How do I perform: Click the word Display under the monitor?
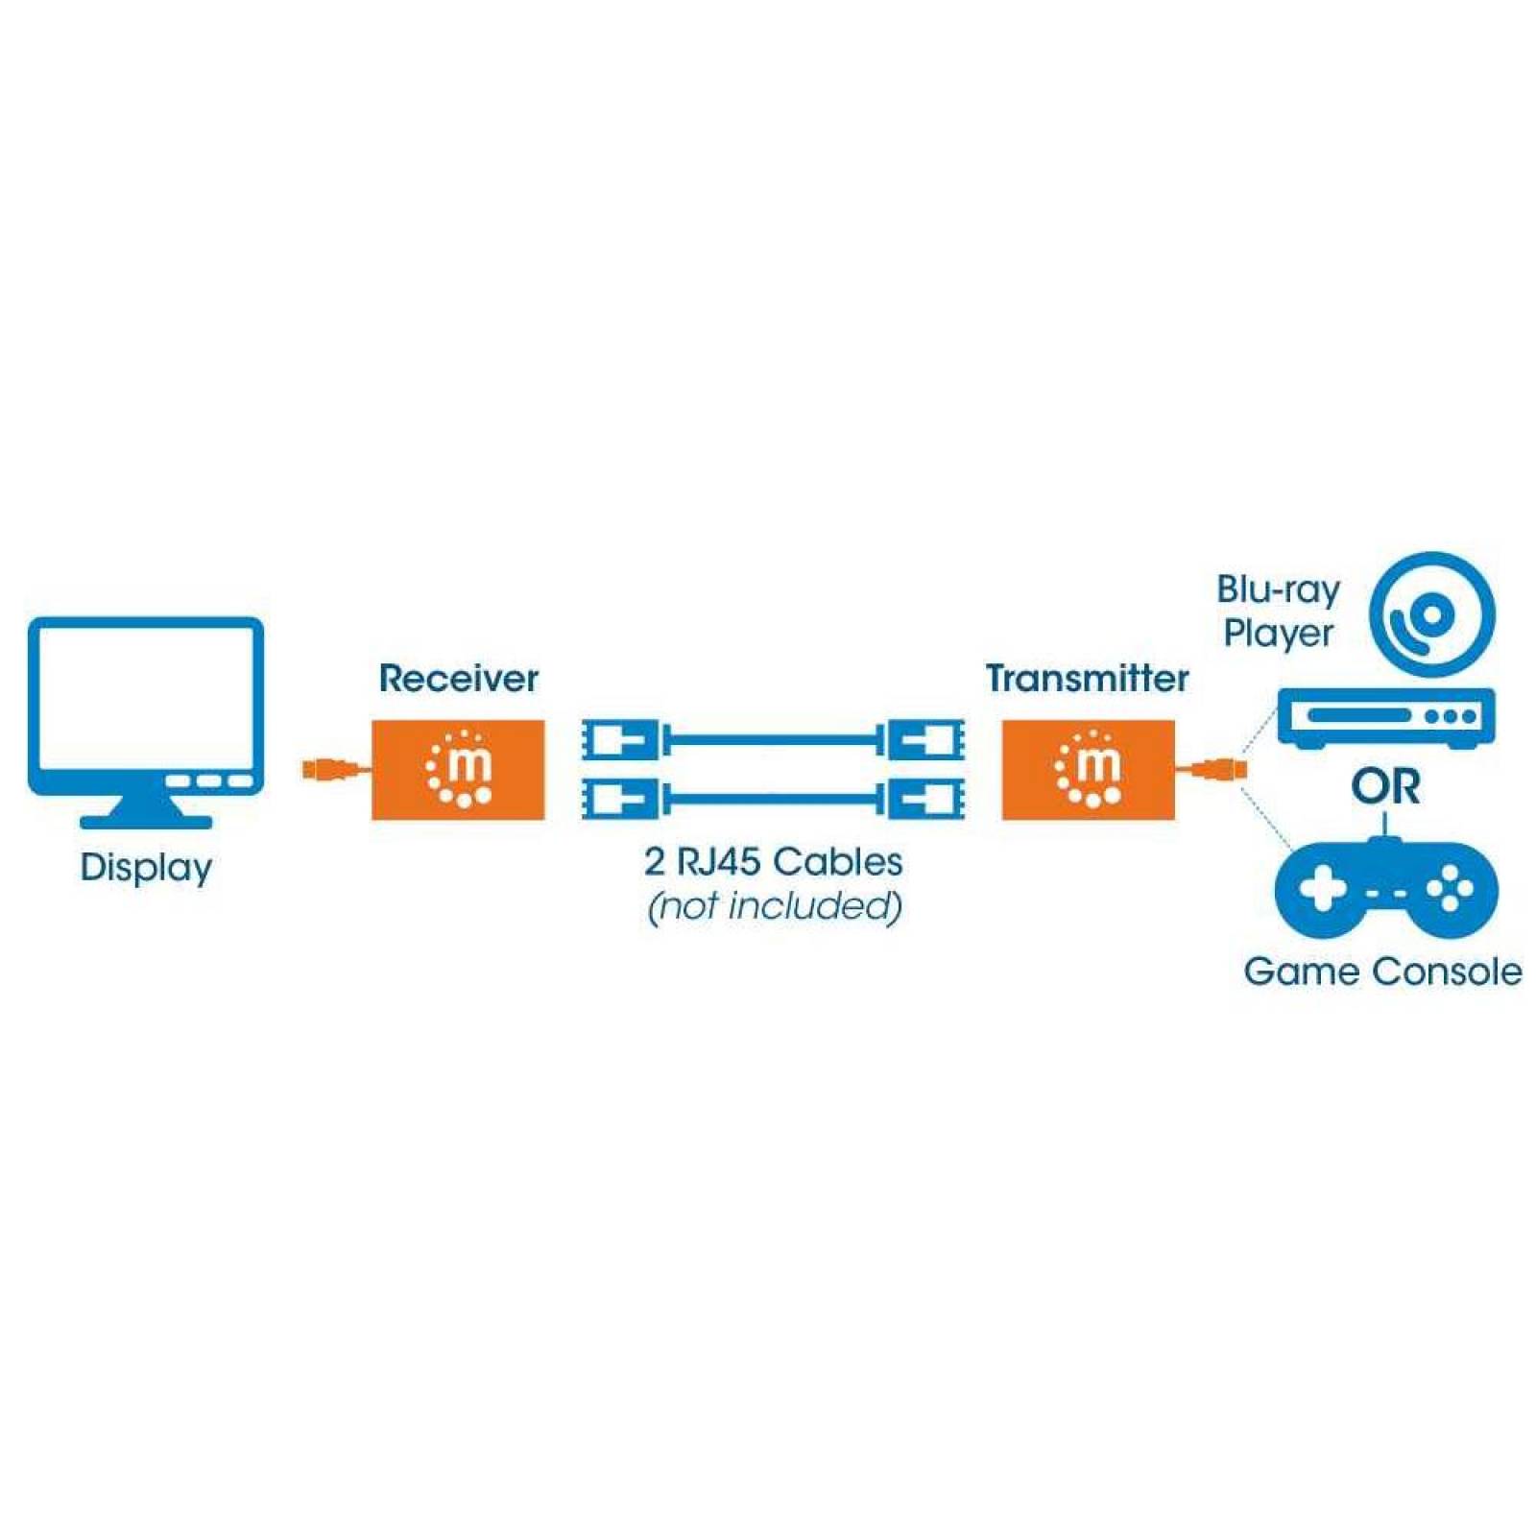click(x=146, y=867)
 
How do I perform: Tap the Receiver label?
click(x=458, y=679)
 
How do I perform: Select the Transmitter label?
click(x=1087, y=679)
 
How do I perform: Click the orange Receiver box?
click(x=458, y=769)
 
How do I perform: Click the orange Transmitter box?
click(x=1088, y=769)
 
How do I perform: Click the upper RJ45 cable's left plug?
click(x=620, y=740)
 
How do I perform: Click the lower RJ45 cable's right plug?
click(x=925, y=798)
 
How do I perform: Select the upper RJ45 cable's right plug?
click(x=925, y=740)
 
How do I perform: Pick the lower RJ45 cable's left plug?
click(x=620, y=798)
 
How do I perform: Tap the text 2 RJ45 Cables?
click(x=773, y=861)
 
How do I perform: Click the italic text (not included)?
click(x=774, y=905)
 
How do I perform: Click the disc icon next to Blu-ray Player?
click(x=1431, y=614)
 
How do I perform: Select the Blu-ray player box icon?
click(x=1385, y=717)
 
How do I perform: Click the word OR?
click(x=1385, y=787)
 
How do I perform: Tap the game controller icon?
click(x=1385, y=888)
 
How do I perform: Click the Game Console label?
click(x=1381, y=972)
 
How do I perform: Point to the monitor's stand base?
click(x=146, y=822)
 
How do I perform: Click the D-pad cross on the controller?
click(x=1322, y=888)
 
